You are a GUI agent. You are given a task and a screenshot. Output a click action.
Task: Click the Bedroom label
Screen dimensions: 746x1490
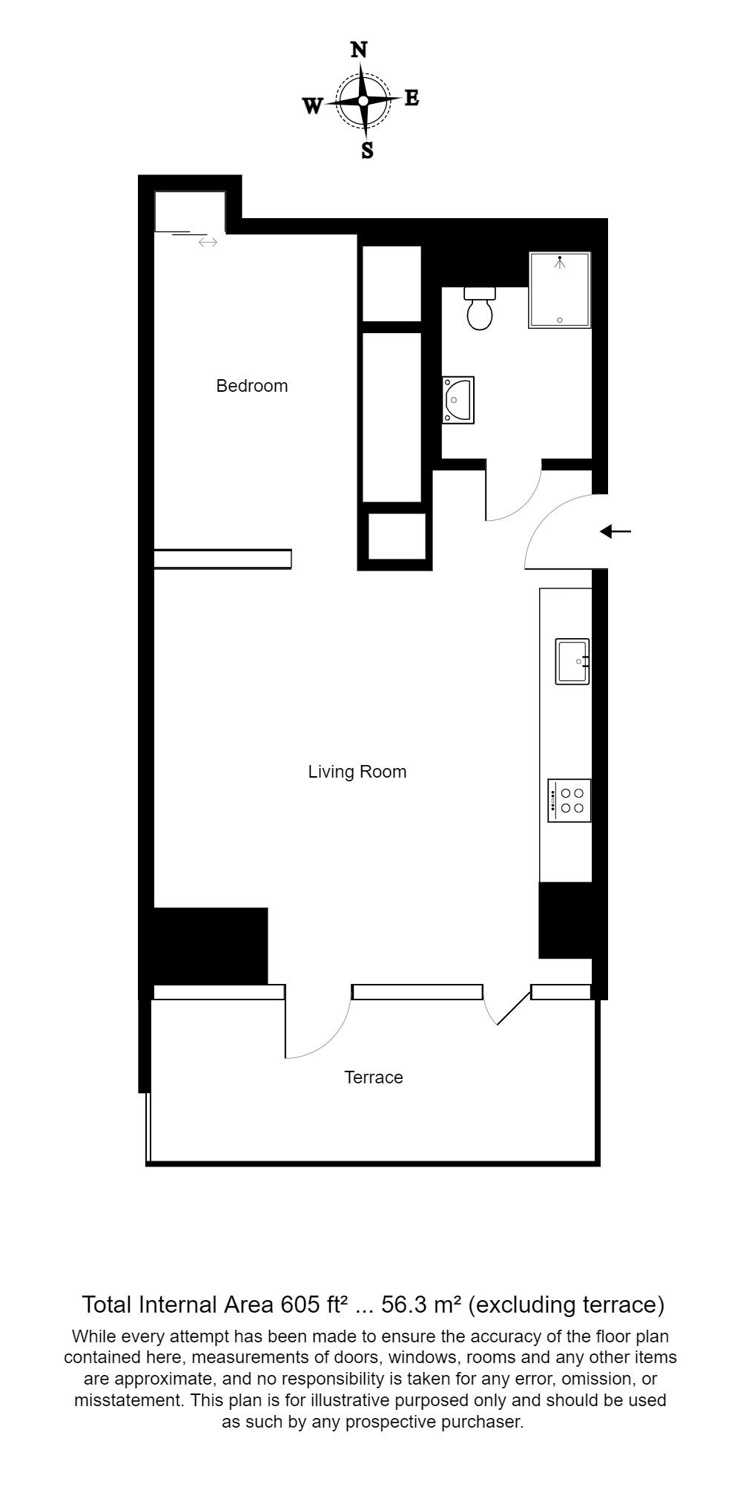(x=251, y=386)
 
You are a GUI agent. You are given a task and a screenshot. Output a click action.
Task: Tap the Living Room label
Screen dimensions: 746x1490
(x=357, y=772)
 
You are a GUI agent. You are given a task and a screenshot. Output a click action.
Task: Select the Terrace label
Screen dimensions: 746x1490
(x=374, y=1077)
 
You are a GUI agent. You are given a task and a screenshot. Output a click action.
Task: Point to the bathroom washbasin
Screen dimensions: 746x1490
(x=458, y=400)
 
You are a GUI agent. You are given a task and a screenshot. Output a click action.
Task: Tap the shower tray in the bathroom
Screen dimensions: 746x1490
(x=560, y=290)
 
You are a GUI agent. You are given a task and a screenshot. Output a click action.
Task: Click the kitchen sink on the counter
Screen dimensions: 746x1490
(x=572, y=661)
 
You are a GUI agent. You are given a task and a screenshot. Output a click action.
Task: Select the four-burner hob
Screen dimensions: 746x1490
(x=570, y=800)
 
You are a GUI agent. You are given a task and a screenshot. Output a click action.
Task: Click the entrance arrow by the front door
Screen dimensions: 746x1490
(x=615, y=531)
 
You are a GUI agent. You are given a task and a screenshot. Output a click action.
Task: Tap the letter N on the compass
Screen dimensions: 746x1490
(x=359, y=50)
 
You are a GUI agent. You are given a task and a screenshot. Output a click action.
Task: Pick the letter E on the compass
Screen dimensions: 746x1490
(x=412, y=98)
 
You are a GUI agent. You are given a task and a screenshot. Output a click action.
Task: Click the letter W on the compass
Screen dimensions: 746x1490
(x=313, y=106)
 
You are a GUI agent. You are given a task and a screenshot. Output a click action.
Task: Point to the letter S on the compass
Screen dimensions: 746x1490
(x=367, y=151)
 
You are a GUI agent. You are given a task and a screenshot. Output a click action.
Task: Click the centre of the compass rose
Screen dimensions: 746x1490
(x=363, y=101)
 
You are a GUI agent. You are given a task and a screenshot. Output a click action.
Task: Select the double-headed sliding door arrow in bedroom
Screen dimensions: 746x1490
(x=208, y=242)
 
